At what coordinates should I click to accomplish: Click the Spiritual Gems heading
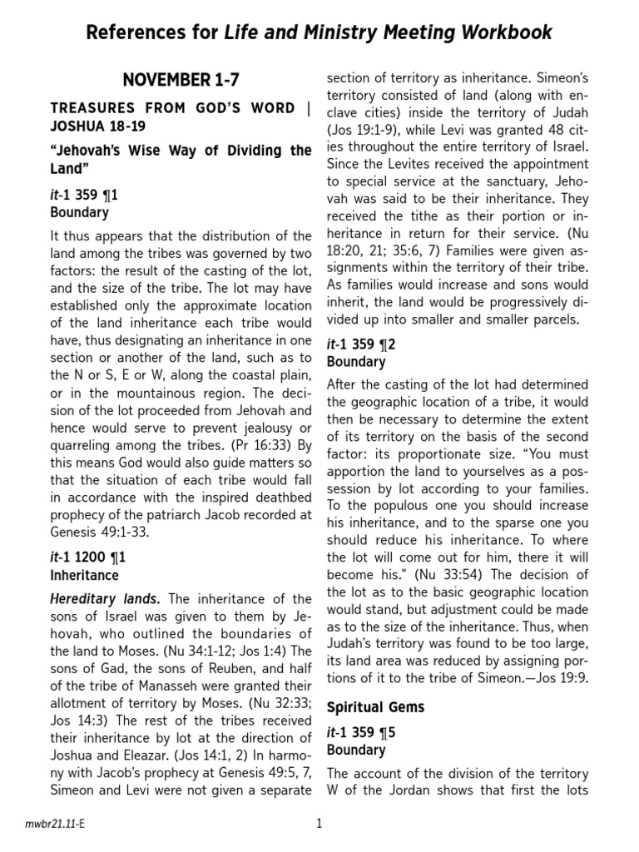375,707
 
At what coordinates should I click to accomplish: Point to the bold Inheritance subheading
84,576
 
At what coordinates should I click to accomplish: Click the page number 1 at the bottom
319,825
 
